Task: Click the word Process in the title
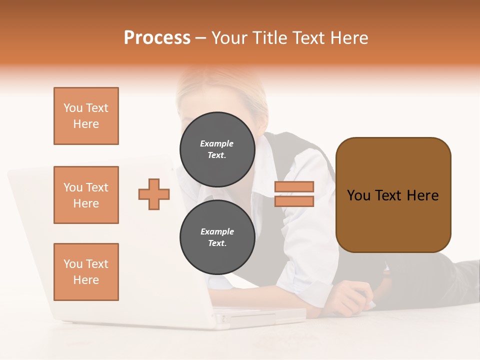pyautogui.click(x=157, y=38)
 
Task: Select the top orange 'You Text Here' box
pyautogui.click(x=86, y=116)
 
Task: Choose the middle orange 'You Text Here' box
pyautogui.click(x=86, y=195)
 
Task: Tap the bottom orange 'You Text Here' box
pyautogui.click(x=86, y=272)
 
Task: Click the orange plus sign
pyautogui.click(x=154, y=194)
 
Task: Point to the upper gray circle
pyautogui.click(x=217, y=149)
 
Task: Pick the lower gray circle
pyautogui.click(x=217, y=237)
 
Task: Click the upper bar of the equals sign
pyautogui.click(x=294, y=186)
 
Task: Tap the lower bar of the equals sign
pyautogui.click(x=294, y=201)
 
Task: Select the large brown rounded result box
pyautogui.click(x=393, y=195)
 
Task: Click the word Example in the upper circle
pyautogui.click(x=217, y=143)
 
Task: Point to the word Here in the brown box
pyautogui.click(x=422, y=195)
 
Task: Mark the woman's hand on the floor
pyautogui.click(x=352, y=297)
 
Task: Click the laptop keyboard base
pyautogui.click(x=260, y=317)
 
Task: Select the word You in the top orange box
pyautogui.click(x=72, y=108)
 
